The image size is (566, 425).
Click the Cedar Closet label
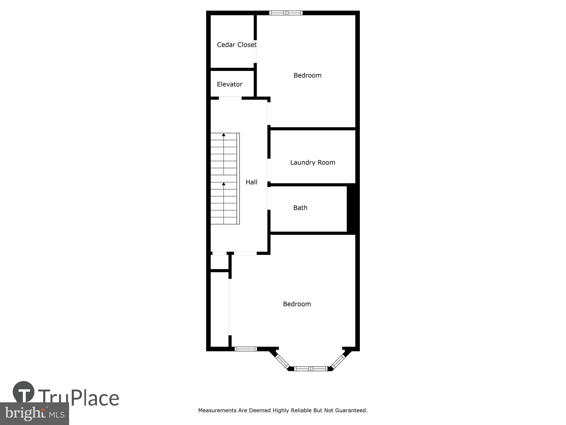(237, 45)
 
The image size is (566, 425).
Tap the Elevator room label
(229, 84)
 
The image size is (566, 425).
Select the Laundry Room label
(313, 162)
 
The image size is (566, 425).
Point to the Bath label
(300, 208)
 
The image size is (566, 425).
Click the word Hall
(251, 182)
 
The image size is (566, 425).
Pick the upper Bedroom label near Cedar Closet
(307, 75)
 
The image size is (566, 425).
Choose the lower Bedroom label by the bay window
(297, 304)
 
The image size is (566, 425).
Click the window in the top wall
(286, 13)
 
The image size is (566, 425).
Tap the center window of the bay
(311, 369)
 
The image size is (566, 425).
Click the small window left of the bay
(246, 349)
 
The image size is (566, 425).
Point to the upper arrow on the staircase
(224, 135)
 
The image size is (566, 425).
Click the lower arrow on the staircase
(224, 184)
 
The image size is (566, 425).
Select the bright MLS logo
(34, 413)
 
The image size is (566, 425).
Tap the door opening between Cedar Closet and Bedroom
(255, 52)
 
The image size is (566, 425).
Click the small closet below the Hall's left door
(219, 262)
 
